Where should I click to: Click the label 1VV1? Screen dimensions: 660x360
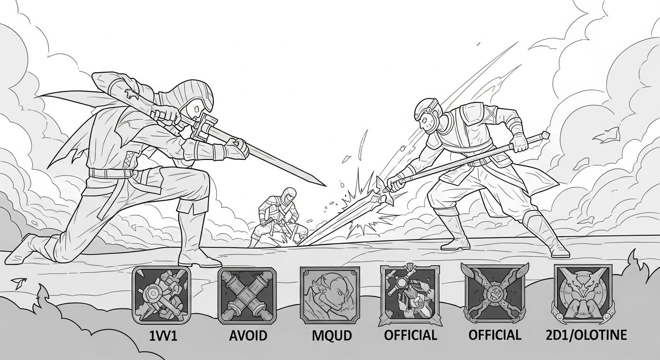tap(163, 336)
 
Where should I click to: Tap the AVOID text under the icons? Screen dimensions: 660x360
tap(248, 336)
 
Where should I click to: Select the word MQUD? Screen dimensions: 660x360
tap(332, 336)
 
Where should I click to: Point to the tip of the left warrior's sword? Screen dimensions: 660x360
tap(326, 186)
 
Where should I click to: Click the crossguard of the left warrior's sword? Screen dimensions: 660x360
tap(204, 128)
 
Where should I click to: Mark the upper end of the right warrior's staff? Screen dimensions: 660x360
tap(547, 135)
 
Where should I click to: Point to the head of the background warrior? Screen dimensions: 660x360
tap(288, 196)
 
